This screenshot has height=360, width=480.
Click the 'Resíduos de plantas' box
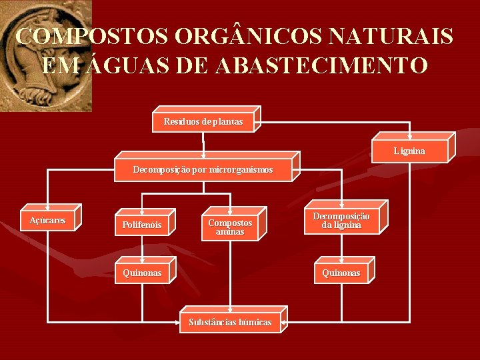pyautogui.click(x=203, y=121)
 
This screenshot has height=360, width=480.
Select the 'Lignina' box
pyautogui.click(x=409, y=151)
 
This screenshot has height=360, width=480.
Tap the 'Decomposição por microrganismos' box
pyautogui.click(x=203, y=170)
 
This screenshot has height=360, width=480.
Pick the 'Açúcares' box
pyautogui.click(x=47, y=221)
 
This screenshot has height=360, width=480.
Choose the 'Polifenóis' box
pyautogui.click(x=142, y=225)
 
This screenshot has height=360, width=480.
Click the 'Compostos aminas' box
pyautogui.click(x=230, y=227)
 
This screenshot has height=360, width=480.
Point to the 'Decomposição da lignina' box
pyautogui.click(x=341, y=221)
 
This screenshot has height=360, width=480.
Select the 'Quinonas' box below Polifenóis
pyautogui.click(x=142, y=273)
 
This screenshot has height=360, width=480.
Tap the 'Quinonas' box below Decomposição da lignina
pyautogui.click(x=341, y=273)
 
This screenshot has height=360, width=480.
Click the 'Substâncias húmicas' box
pyautogui.click(x=230, y=322)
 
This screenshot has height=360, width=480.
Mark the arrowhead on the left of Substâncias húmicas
pyautogui.click(x=177, y=323)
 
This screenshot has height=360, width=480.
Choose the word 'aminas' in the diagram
pyautogui.click(x=230, y=232)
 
